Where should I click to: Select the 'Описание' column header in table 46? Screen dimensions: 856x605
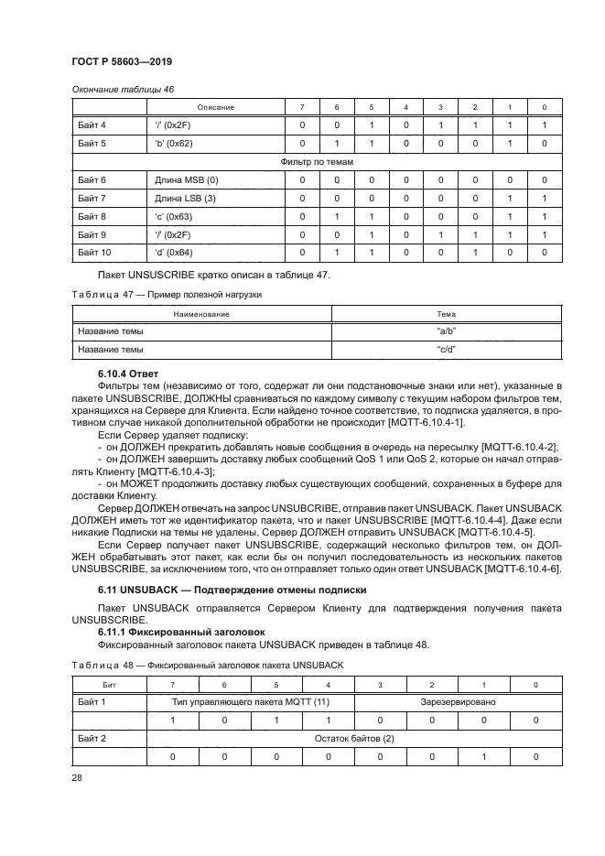[216, 107]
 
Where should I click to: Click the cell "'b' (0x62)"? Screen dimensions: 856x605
[173, 144]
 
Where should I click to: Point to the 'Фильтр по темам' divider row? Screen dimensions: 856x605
[316, 162]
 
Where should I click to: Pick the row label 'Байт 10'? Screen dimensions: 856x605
[94, 252]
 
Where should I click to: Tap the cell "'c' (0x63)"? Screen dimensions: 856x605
[173, 216]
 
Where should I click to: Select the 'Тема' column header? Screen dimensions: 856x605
[446, 314]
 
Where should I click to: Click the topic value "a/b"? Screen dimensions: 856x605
[446, 331]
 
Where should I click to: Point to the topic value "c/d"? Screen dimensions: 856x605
[446, 349]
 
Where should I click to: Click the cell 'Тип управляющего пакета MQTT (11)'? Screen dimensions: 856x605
[252, 702]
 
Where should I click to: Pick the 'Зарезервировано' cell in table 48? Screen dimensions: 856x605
[458, 702]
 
